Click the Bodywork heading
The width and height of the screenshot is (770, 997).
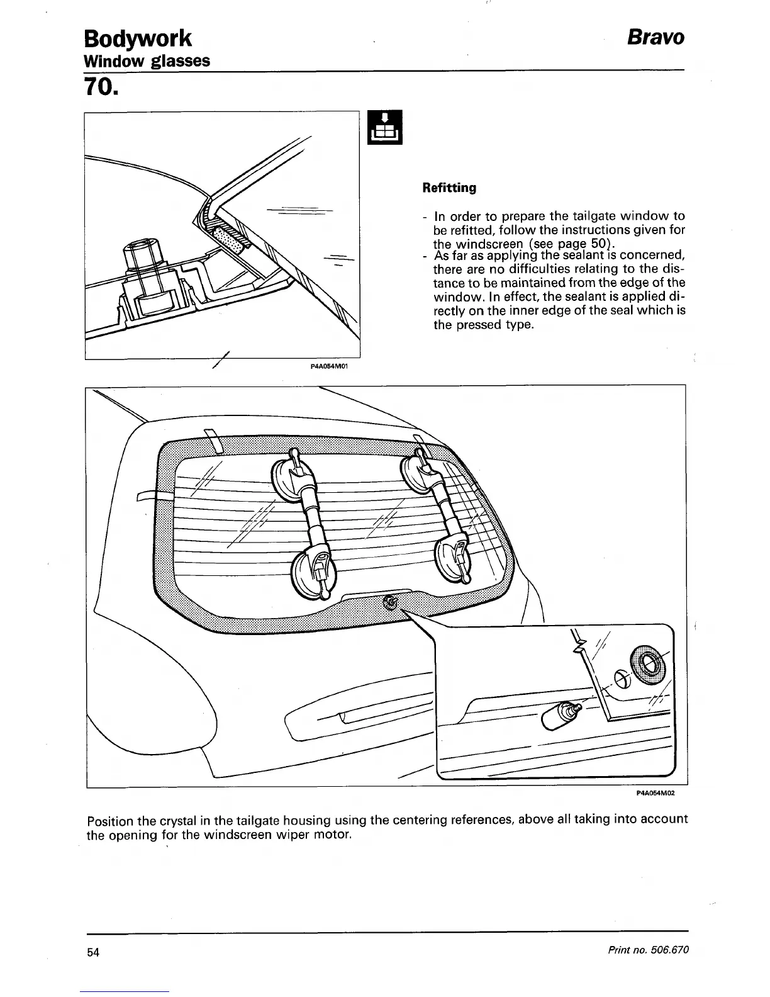[138, 38]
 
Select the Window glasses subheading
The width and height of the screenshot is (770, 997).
[147, 61]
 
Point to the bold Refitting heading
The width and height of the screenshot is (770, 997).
[449, 188]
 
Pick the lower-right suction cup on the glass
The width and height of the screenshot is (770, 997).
[455, 557]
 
